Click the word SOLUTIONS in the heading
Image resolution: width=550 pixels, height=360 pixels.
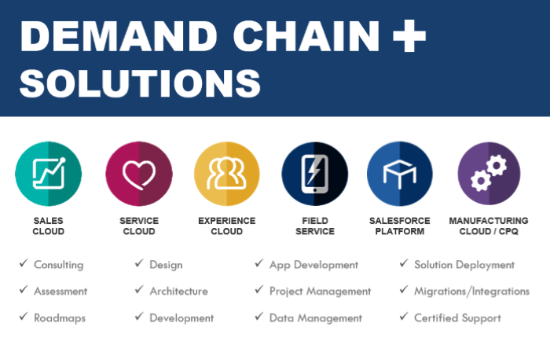click(x=140, y=83)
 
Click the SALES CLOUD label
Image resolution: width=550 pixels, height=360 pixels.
click(x=49, y=226)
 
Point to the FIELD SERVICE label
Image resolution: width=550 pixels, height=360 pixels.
click(x=315, y=226)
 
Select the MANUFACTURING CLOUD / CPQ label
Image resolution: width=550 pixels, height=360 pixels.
click(x=489, y=226)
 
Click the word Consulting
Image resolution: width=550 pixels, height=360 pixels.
click(x=58, y=265)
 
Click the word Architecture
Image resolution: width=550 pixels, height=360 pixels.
click(x=178, y=291)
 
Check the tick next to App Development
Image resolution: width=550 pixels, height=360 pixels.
click(x=259, y=264)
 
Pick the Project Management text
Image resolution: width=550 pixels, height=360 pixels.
click(x=320, y=291)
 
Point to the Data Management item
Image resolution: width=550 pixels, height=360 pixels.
click(x=315, y=318)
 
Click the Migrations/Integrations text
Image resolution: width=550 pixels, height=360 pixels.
click(x=471, y=291)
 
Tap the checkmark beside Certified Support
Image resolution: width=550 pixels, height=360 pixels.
click(x=404, y=318)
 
